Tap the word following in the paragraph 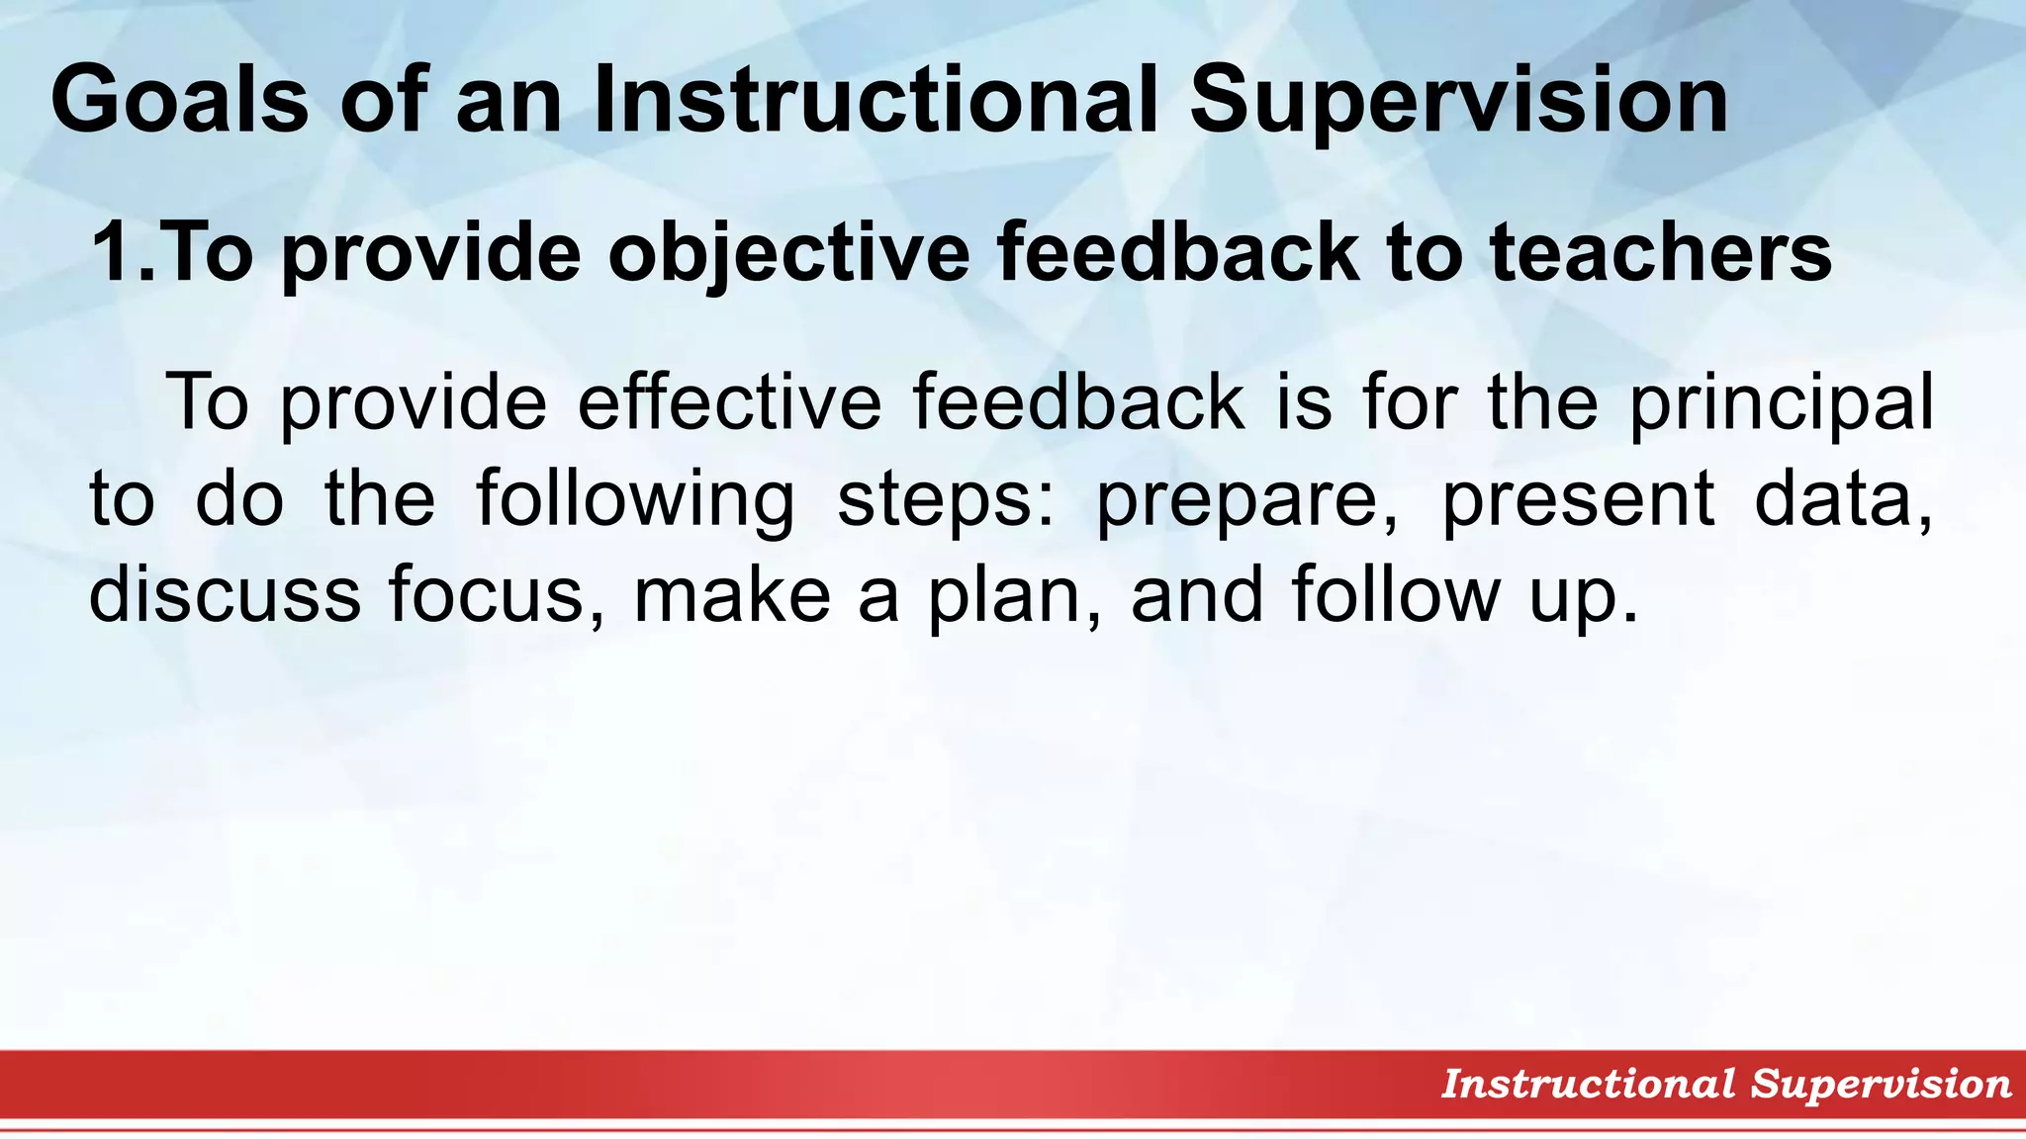[635, 500]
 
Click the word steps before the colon [940, 500]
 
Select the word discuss [225, 593]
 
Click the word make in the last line [732, 593]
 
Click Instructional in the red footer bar [1588, 1084]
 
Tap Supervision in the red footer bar [1881, 1085]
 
